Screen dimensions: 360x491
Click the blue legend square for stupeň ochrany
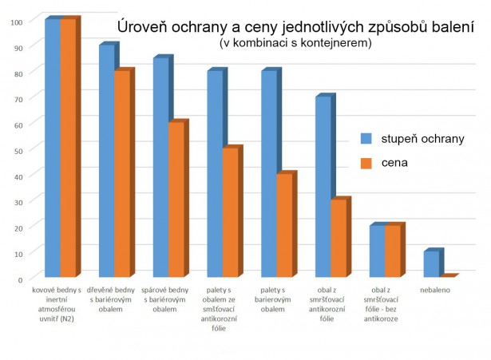tap(367, 137)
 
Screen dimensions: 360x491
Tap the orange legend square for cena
tap(367, 163)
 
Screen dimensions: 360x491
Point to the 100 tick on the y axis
tap(15, 21)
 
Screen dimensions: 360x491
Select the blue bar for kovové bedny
tap(52, 148)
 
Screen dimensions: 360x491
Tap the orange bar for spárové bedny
tap(176, 200)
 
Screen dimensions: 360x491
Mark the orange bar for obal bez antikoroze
tap(393, 251)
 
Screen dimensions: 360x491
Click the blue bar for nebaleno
tap(431, 264)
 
